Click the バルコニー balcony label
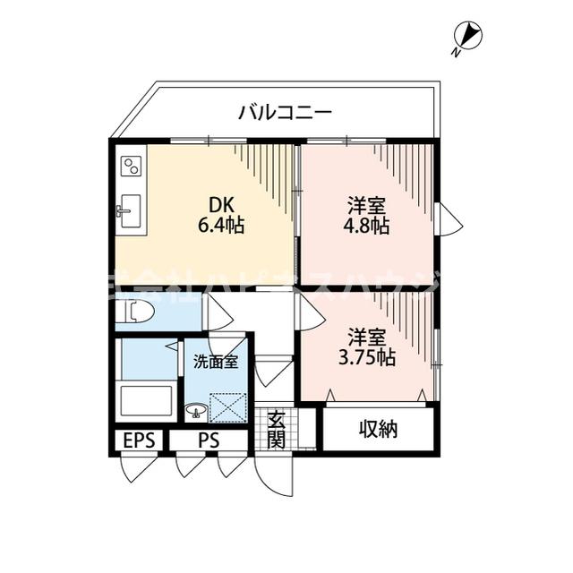pyautogui.click(x=286, y=113)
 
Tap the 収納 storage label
pyautogui.click(x=379, y=429)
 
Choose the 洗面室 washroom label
pyautogui.click(x=215, y=363)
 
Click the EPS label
pyautogui.click(x=138, y=441)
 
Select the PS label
pyautogui.click(x=209, y=441)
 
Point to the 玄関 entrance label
pyautogui.click(x=276, y=429)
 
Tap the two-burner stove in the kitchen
pyautogui.click(x=132, y=166)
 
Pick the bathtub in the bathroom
pyautogui.click(x=146, y=398)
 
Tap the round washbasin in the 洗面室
pyautogui.click(x=194, y=411)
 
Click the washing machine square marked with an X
pyautogui.click(x=227, y=406)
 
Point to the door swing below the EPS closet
pyautogui.click(x=139, y=467)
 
